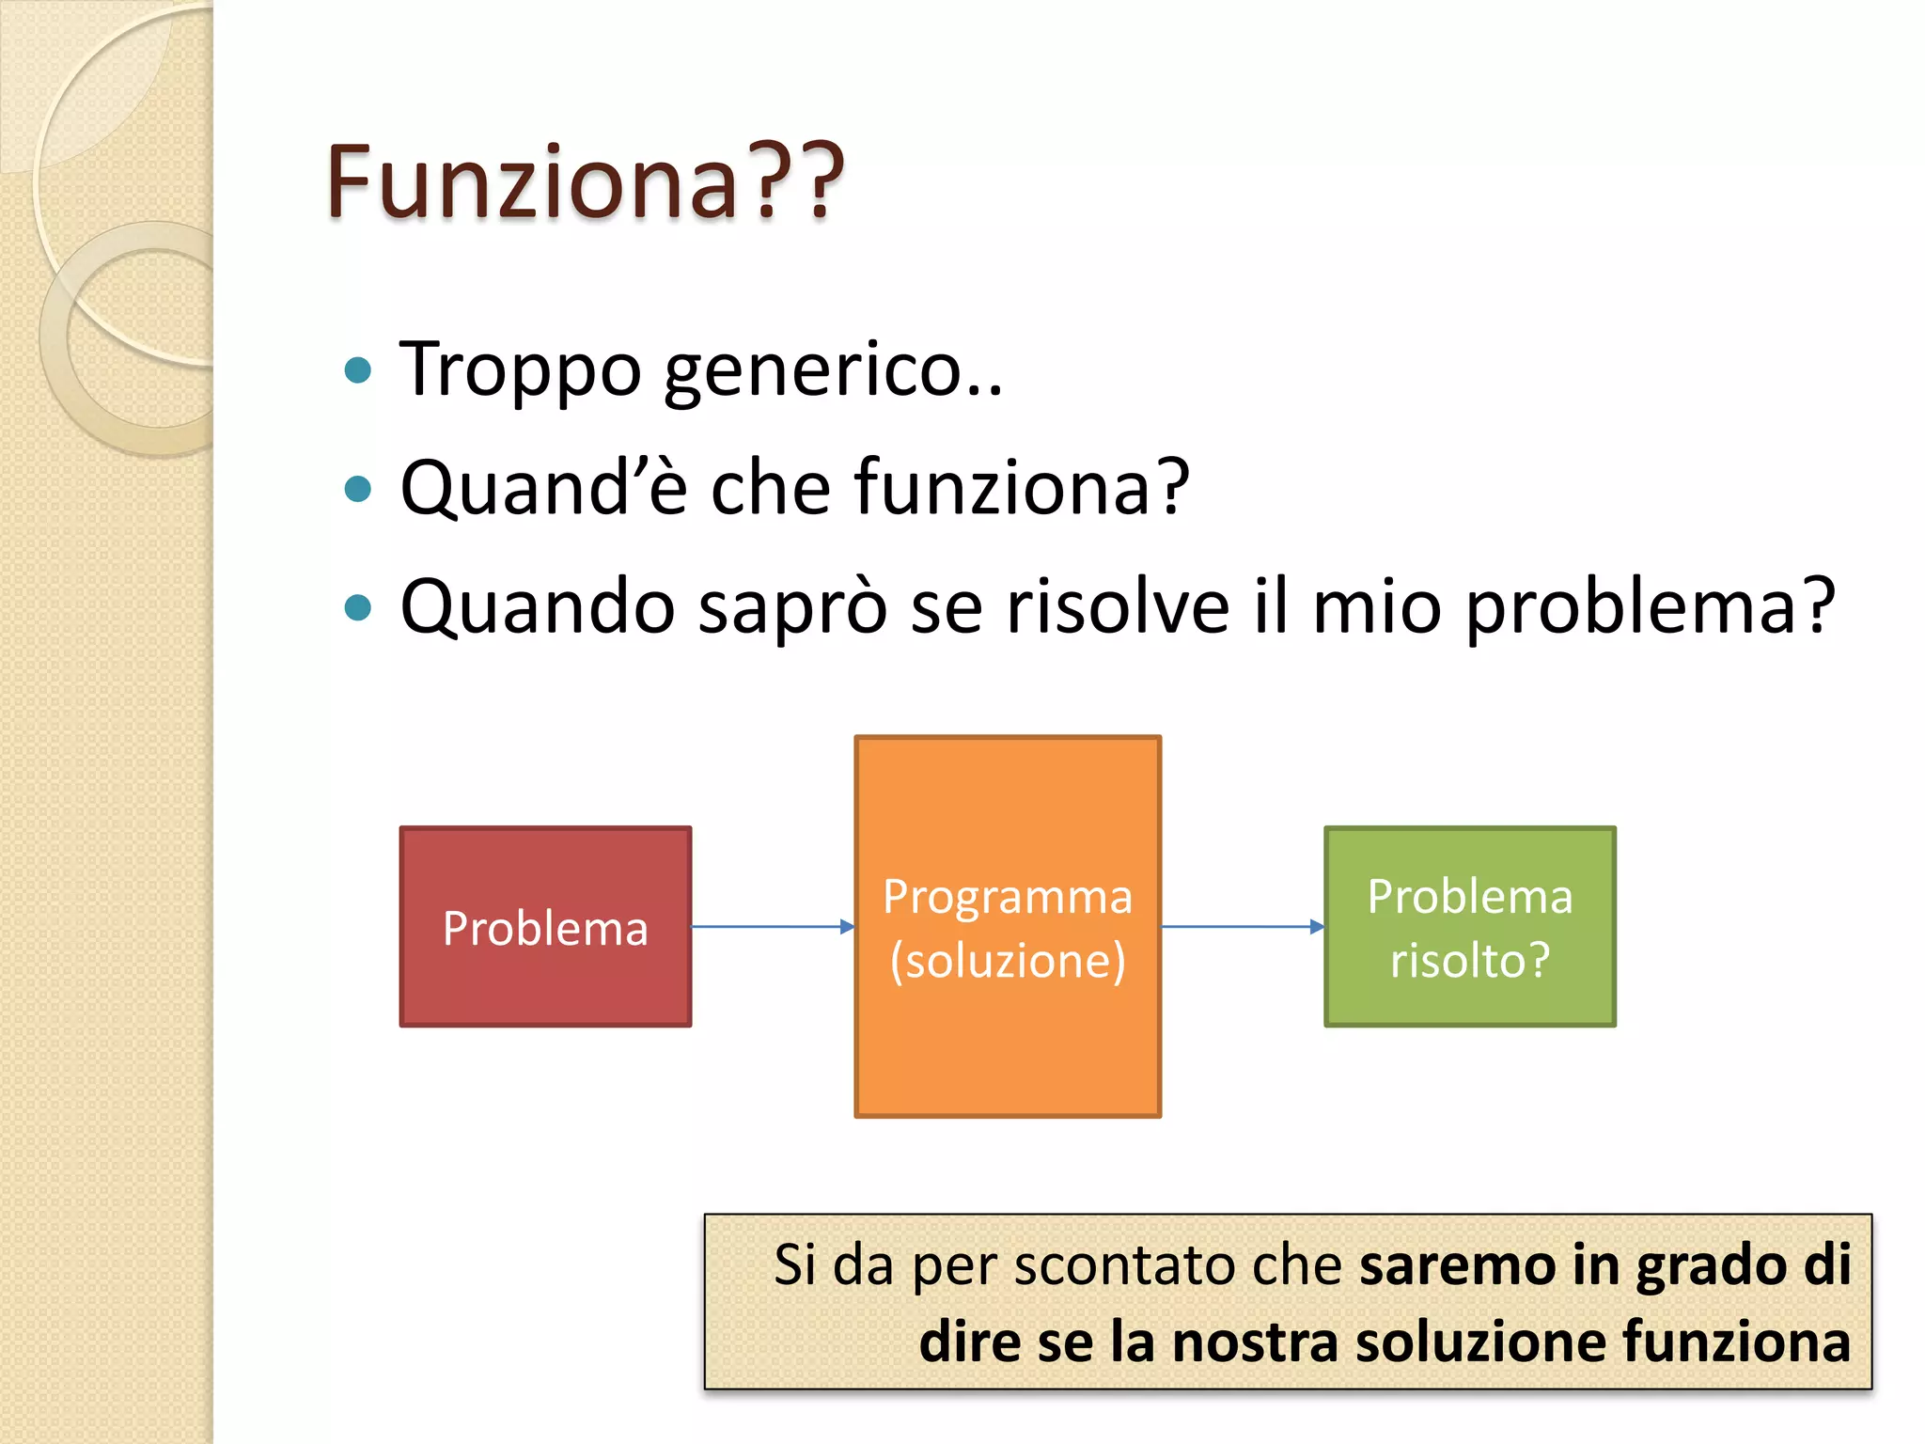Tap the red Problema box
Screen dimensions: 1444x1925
545,927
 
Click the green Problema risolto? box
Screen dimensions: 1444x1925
1469,927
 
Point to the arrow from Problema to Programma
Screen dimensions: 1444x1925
771,927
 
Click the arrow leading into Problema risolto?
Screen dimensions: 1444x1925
1241,927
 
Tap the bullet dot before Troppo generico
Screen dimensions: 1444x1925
358,370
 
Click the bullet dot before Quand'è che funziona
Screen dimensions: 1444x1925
358,489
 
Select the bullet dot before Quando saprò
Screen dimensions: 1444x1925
358,607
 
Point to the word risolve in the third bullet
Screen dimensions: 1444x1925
1117,607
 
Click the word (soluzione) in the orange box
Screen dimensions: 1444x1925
1008,961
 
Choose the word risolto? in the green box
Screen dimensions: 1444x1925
1469,961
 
